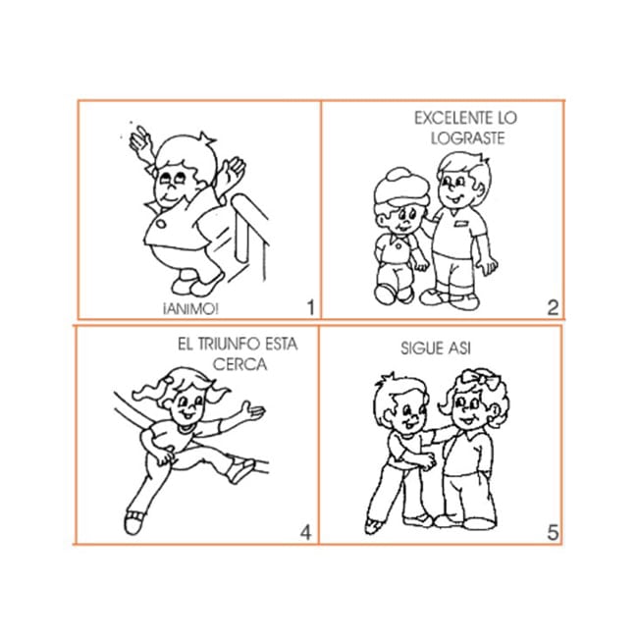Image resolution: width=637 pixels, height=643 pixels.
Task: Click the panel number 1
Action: point(311,307)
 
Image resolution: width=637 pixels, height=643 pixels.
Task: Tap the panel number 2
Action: point(553,307)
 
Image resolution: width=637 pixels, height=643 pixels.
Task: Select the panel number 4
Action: point(306,533)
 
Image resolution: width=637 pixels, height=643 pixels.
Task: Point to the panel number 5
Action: point(553,533)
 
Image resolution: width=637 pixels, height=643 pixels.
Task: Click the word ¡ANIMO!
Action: point(190,309)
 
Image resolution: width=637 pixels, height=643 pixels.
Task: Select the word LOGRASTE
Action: point(468,138)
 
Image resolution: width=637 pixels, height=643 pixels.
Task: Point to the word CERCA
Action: point(239,364)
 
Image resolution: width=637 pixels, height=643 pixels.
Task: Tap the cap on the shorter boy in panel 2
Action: point(401,187)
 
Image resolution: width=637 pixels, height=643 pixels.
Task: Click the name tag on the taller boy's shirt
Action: point(461,223)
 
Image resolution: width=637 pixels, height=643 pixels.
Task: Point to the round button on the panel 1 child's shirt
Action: point(161,224)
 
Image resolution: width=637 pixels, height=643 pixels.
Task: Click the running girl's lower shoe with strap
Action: point(133,521)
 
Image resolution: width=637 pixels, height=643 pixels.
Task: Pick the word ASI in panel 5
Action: point(459,348)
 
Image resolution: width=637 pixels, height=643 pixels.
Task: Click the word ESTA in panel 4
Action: point(281,344)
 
